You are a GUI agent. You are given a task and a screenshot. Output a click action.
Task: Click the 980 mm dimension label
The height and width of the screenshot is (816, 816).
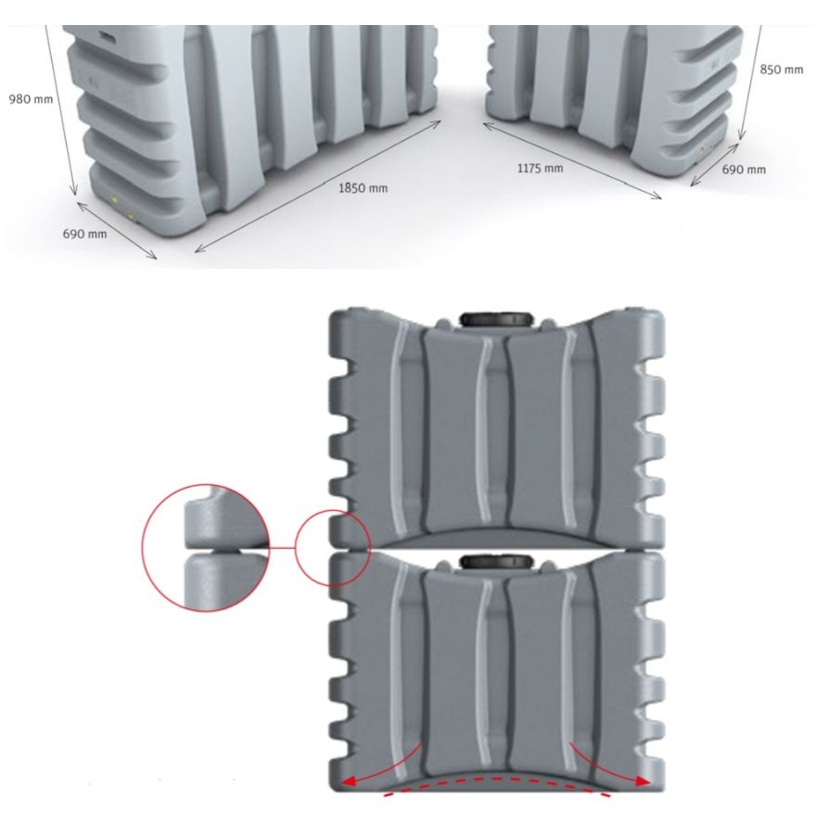pos(31,99)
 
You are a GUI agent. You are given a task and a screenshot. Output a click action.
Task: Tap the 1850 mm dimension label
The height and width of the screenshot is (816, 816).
pos(363,188)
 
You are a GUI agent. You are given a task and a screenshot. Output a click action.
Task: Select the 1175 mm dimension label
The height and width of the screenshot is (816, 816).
pos(540,168)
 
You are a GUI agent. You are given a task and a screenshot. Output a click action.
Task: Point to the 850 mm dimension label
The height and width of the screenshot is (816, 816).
pos(781,70)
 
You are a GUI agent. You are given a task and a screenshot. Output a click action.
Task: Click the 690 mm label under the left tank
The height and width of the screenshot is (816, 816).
pos(84,234)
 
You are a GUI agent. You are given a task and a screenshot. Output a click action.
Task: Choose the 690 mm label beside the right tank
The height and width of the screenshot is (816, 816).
pos(744,169)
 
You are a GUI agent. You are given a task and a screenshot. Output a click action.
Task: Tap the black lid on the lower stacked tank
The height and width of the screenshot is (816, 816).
pos(496,561)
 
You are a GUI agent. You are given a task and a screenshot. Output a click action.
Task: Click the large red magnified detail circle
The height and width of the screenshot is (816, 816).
pos(142,548)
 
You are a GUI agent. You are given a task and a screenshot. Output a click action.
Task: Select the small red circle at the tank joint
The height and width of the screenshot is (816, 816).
pos(296,548)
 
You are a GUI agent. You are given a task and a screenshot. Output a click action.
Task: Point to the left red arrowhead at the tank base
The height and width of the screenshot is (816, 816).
pos(347,781)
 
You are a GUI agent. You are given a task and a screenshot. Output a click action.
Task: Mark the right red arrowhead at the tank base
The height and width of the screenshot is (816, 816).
pos(644,781)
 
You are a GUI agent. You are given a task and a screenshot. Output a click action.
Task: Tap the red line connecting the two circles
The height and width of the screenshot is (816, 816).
pos(283,548)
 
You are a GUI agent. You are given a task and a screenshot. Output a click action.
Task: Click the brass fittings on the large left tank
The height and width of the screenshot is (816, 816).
pos(121,207)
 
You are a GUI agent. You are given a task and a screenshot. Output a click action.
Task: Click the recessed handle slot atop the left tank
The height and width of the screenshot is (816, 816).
pos(108,37)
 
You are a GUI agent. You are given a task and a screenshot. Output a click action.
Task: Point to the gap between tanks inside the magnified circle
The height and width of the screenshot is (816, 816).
pos(226,550)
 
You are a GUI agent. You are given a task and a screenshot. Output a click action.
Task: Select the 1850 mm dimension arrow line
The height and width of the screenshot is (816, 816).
pos(318,186)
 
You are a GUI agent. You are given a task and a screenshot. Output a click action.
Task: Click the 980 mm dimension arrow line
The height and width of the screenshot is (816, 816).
pos(61,110)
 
